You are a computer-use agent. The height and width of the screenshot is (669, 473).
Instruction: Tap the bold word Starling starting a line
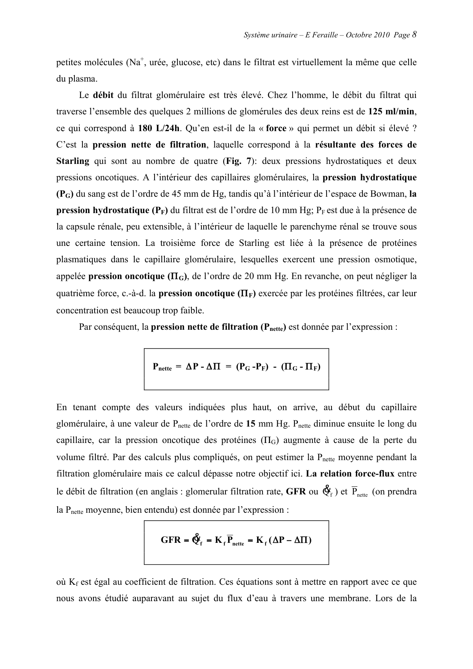(x=72, y=161)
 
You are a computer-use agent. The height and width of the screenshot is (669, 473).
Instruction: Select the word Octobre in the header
(x=357, y=35)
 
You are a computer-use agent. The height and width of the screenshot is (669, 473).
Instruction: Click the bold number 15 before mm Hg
(x=251, y=424)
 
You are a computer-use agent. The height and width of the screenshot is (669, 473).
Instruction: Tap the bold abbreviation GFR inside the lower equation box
(x=171, y=540)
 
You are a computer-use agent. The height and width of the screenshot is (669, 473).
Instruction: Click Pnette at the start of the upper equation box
(x=162, y=367)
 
